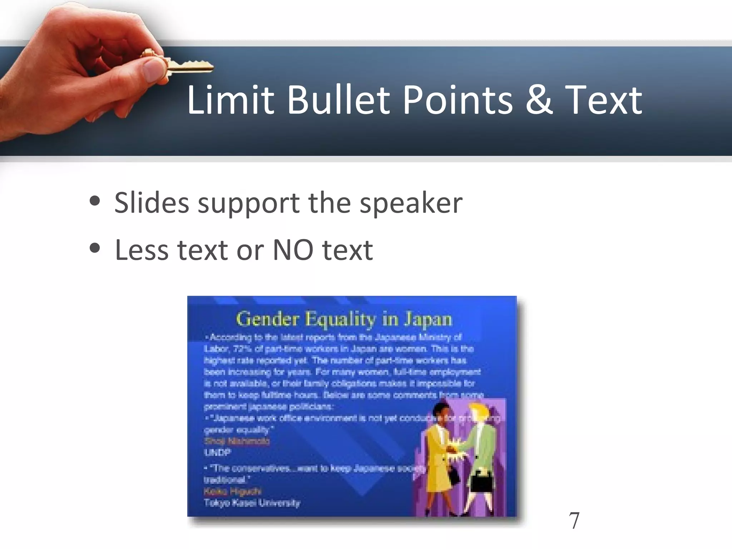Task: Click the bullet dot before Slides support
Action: (x=95, y=201)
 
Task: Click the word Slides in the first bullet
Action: (x=152, y=203)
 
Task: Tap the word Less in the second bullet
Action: (x=141, y=250)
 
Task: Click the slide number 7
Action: (x=574, y=521)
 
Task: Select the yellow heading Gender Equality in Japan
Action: (x=344, y=319)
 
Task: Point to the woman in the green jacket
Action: (x=481, y=450)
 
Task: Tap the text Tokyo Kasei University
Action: (x=252, y=503)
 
